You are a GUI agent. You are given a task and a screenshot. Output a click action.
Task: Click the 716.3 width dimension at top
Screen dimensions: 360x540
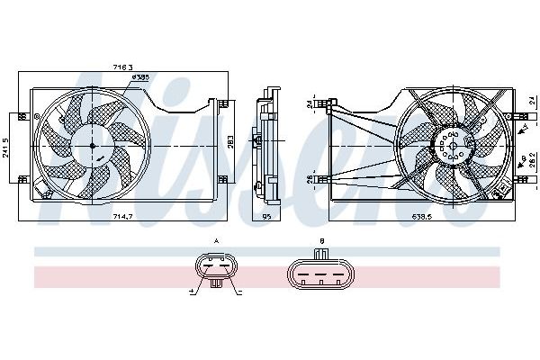(x=123, y=67)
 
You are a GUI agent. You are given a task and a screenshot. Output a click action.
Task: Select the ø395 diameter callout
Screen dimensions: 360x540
(x=141, y=78)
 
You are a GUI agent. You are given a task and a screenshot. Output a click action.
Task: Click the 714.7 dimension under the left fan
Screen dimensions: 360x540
(x=123, y=218)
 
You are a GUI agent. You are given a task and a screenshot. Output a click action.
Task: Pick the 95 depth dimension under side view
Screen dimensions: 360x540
(x=267, y=218)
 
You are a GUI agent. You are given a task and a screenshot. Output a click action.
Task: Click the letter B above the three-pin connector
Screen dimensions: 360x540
(x=321, y=241)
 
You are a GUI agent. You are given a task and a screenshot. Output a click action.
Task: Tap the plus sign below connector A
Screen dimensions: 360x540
(x=193, y=292)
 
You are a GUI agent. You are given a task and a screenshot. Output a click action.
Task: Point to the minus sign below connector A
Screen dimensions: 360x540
(x=242, y=292)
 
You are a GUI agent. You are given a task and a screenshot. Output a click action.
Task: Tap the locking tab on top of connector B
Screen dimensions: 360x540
(x=321, y=252)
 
